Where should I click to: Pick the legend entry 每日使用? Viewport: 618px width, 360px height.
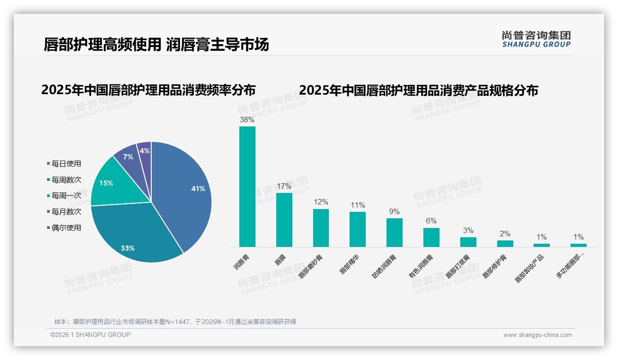66,163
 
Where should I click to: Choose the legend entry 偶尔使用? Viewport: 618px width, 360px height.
66,228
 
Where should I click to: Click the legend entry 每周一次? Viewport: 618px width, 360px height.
66,195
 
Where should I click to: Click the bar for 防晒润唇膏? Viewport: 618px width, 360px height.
394,233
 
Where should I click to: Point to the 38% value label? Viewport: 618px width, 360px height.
247,120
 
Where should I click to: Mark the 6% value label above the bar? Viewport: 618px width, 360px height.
431,221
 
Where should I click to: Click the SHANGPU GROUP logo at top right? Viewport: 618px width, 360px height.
536,39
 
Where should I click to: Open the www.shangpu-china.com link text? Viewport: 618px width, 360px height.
537,335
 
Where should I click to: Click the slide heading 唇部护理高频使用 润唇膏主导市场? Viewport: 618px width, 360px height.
156,45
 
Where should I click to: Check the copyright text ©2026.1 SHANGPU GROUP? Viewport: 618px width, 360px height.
90,335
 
